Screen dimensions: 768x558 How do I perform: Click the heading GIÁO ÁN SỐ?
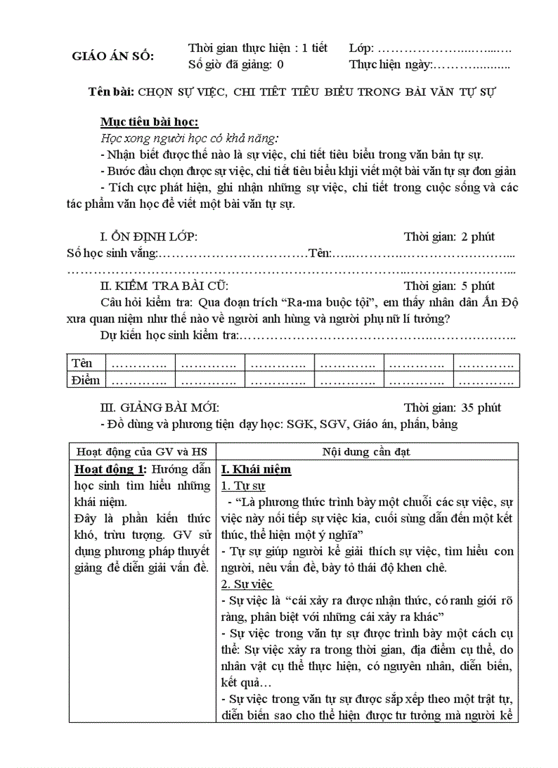click(x=113, y=56)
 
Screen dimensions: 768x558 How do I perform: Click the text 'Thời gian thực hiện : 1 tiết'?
click(x=257, y=48)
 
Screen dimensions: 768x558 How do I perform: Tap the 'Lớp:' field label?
click(x=362, y=48)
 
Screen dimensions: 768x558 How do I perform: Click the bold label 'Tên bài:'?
click(x=112, y=92)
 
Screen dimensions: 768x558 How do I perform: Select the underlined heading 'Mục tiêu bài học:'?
click(x=149, y=122)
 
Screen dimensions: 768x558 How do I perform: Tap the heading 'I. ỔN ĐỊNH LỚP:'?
click(x=149, y=237)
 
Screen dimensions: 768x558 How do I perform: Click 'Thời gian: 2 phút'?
click(x=449, y=237)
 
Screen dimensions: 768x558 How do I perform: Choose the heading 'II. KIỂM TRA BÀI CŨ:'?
click(x=164, y=286)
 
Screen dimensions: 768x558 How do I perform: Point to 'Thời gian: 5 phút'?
click(x=449, y=286)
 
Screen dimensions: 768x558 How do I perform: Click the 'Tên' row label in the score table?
click(x=82, y=362)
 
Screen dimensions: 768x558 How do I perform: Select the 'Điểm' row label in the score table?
click(x=85, y=380)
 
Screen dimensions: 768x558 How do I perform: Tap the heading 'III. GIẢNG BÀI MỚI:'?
click(x=160, y=408)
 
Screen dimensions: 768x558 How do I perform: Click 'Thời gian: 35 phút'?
click(x=452, y=408)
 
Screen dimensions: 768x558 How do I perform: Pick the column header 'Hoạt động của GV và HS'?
click(x=142, y=452)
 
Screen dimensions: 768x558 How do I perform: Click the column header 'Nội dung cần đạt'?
click(x=366, y=452)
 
